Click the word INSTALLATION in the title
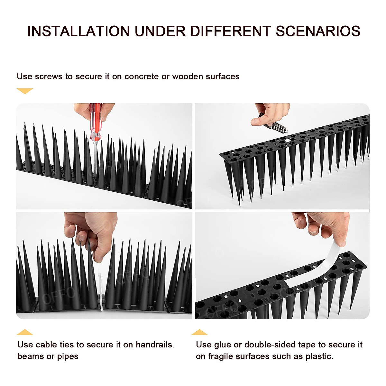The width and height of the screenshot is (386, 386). click(78, 31)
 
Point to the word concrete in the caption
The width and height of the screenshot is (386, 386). click(142, 77)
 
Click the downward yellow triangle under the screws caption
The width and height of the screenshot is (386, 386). click(25, 91)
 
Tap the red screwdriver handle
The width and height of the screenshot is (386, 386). click(96, 121)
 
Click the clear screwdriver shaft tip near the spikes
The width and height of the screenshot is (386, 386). click(95, 161)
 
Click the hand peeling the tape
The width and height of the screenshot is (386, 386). click(325, 225)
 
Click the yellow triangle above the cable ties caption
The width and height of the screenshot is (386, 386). click(25, 332)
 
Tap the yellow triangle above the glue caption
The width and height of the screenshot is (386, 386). click(199, 332)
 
